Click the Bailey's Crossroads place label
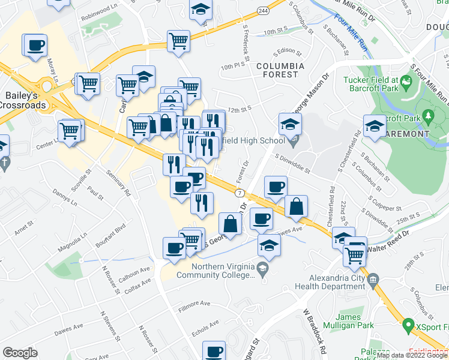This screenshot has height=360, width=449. point(25,100)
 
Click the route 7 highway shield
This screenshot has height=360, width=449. point(239,193)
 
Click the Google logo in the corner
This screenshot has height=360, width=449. point(20,352)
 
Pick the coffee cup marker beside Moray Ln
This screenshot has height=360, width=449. point(35,45)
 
